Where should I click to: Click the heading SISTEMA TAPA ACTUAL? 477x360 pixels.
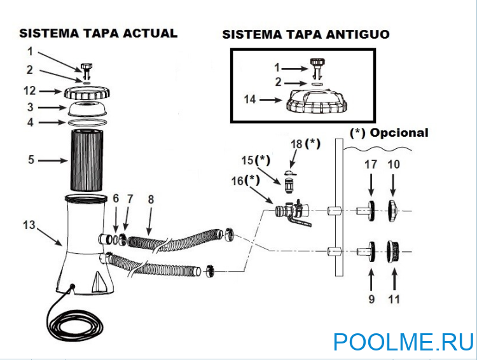tap(98, 33)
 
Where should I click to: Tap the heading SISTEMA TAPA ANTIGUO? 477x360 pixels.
tap(305, 34)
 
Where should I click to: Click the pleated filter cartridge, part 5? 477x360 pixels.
tap(90, 160)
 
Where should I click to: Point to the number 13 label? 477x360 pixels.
tap(28, 225)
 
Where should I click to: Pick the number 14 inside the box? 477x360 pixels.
tap(249, 99)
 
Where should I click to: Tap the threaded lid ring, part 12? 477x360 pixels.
tap(90, 92)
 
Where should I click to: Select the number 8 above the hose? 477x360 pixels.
tap(150, 198)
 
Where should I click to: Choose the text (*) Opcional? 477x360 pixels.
tap(389, 133)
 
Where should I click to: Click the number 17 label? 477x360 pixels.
tap(371, 164)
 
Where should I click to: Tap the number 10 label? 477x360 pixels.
tap(394, 164)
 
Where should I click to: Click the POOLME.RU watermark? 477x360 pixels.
tap(403, 342)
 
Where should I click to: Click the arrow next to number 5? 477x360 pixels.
tap(51, 161)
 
